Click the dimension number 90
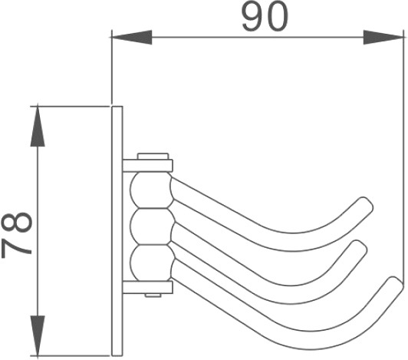coord(265,17)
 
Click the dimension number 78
coord(17,235)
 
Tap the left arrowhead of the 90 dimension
coord(131,38)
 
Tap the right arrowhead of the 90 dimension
coord(383,38)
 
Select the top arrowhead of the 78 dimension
coord(38,126)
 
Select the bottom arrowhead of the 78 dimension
coord(38,335)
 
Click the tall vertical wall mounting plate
coord(117,231)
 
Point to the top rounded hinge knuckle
coord(151,190)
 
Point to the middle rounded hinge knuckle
coord(151,226)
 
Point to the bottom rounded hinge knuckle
coord(151,263)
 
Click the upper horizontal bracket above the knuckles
coord(147,166)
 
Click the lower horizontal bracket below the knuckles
coord(147,287)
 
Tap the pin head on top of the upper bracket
coord(153,157)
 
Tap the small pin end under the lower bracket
coord(153,296)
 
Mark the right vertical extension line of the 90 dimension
coord(404,157)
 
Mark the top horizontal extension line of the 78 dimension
coord(71,106)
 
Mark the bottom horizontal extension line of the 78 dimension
coord(71,355)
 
